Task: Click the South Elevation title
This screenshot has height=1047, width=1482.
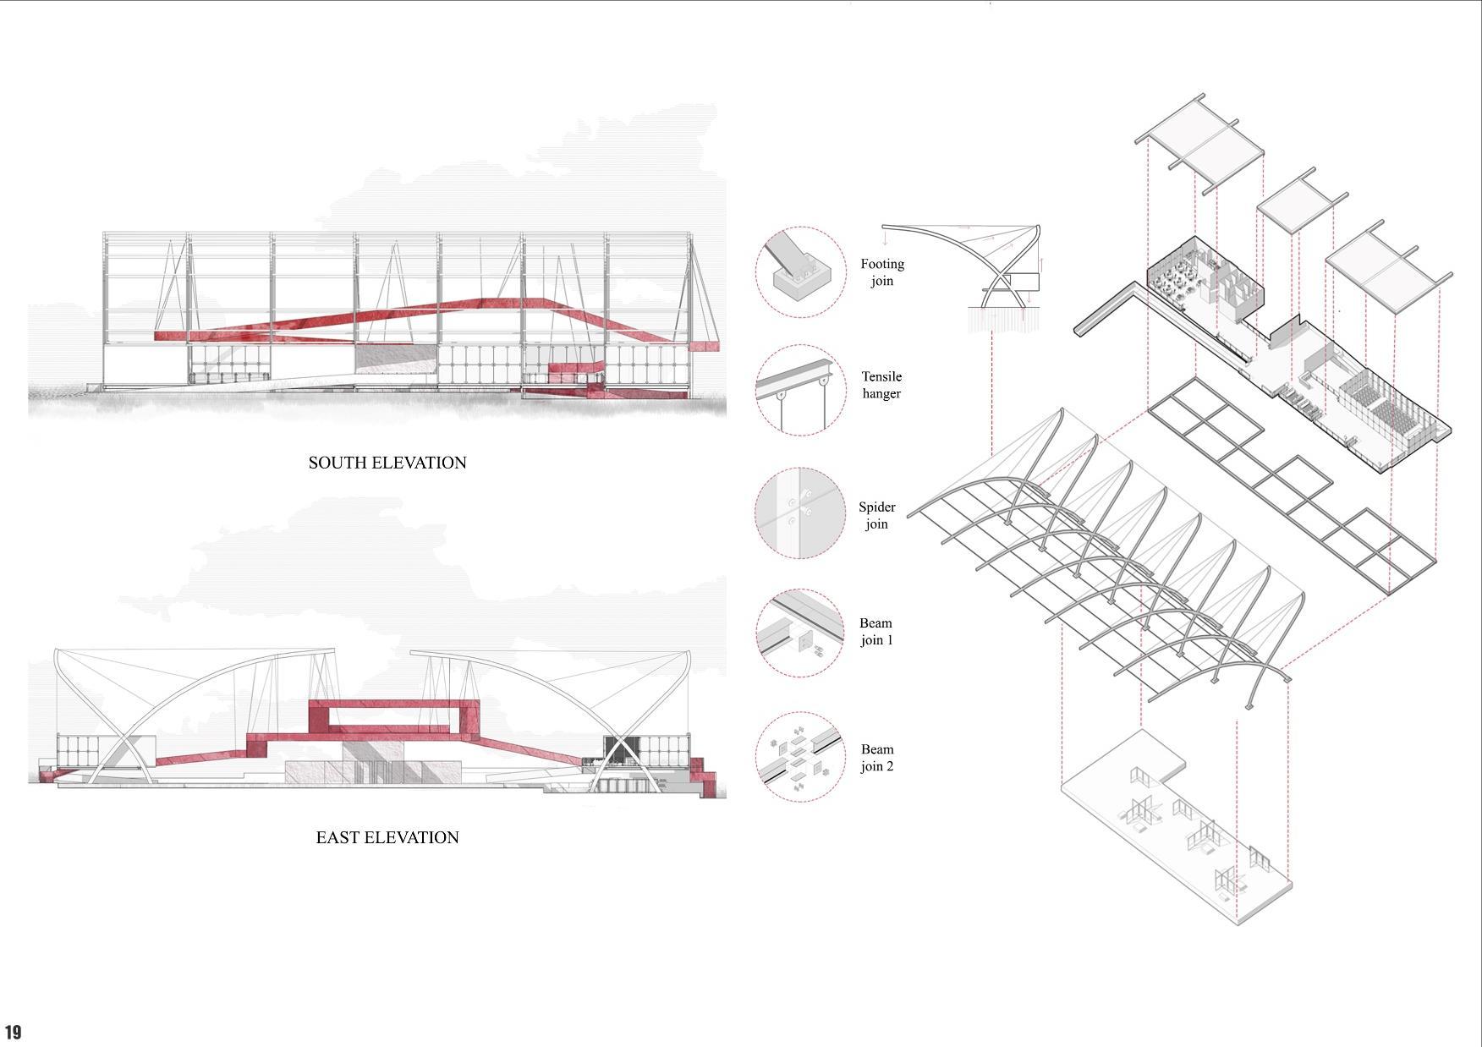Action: point(387,463)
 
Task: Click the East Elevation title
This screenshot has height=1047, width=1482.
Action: point(387,837)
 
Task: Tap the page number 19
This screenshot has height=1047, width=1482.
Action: point(13,1032)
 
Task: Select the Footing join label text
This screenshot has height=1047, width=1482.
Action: point(882,272)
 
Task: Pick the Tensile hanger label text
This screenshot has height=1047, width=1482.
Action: point(881,385)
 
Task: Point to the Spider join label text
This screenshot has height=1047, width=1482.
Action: point(877,515)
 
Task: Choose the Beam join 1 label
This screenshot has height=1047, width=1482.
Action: point(876,631)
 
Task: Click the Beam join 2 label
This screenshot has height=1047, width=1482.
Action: point(877,758)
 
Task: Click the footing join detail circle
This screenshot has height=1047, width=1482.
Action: point(799,272)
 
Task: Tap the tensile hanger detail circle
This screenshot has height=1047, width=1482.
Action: point(799,390)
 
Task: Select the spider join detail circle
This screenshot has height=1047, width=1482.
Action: point(799,513)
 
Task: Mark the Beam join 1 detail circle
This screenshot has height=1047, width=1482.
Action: point(799,633)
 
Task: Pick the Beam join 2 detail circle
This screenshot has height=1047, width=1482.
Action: point(799,757)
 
